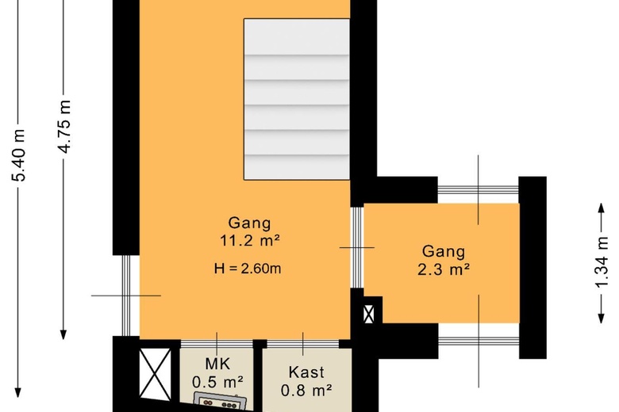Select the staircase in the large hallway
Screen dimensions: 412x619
click(x=296, y=98)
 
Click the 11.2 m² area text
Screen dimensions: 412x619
click(x=249, y=240)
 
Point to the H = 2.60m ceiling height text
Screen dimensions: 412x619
click(x=248, y=269)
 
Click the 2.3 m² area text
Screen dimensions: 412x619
click(x=444, y=269)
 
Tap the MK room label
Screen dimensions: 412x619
click(x=217, y=364)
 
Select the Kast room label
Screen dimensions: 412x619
click(x=306, y=372)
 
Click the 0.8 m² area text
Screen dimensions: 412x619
click(x=306, y=389)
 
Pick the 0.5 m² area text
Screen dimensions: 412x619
click(x=217, y=382)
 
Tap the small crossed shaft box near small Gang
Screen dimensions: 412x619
click(x=368, y=314)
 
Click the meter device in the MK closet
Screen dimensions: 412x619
click(x=221, y=399)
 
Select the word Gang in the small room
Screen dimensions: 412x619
click(x=444, y=252)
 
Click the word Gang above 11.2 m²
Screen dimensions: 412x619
click(x=249, y=223)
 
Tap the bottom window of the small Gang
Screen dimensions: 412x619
click(x=478, y=341)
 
